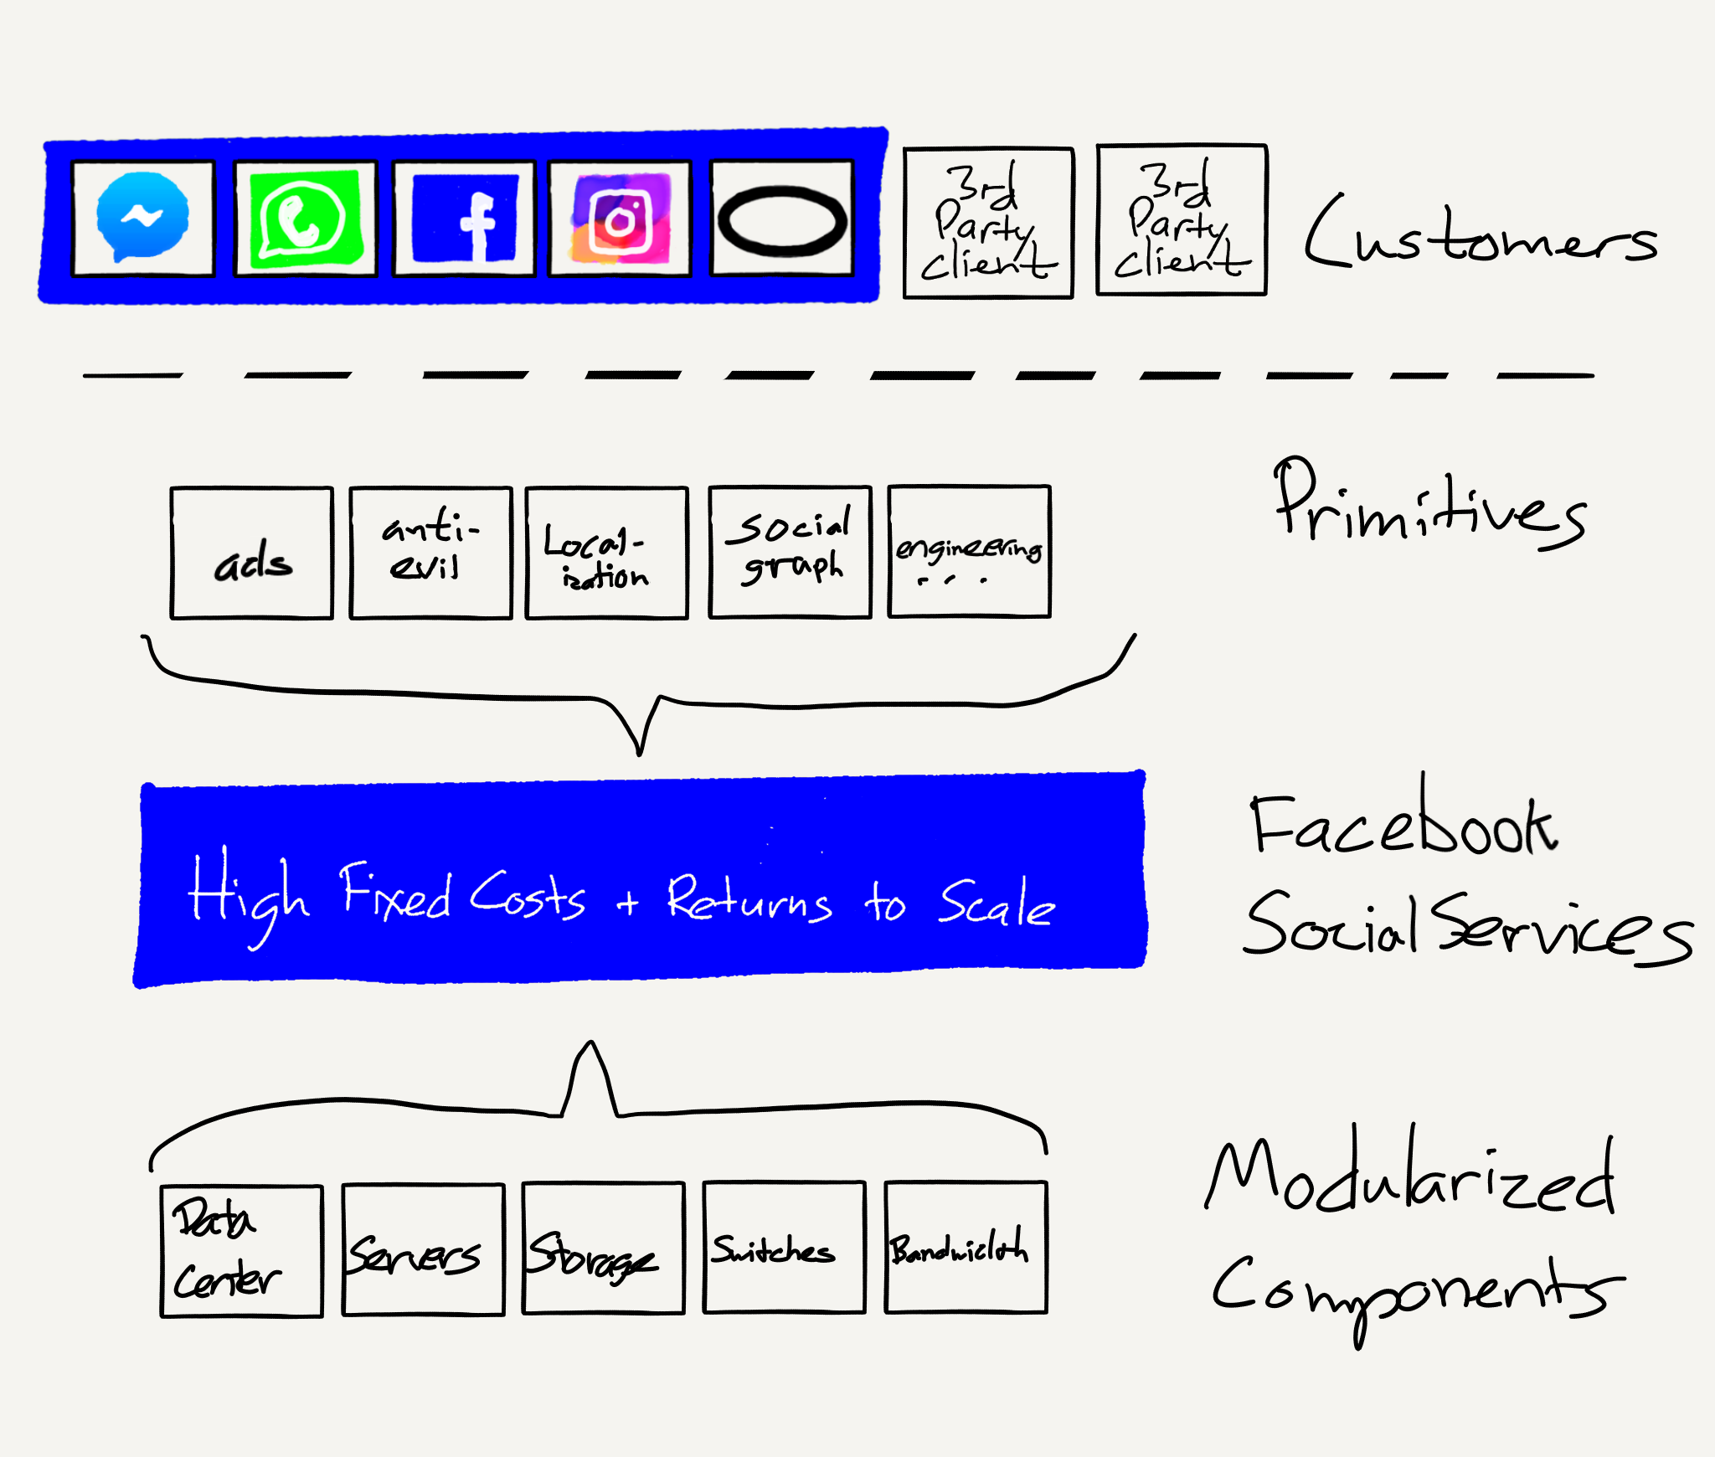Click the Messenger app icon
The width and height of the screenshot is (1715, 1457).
[x=142, y=218]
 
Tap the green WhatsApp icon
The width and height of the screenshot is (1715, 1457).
[x=305, y=218]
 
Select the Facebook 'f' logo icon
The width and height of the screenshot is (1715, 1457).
[x=465, y=219]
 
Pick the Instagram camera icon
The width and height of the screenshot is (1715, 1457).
[x=620, y=219]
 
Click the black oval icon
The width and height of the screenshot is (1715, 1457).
[x=782, y=219]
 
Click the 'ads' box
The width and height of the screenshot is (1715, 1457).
[x=252, y=553]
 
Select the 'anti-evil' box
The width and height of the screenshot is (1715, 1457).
[x=430, y=553]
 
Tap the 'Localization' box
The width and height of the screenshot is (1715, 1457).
[x=606, y=553]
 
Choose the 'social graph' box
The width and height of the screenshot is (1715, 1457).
[x=790, y=552]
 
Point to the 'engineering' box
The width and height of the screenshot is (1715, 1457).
[x=969, y=552]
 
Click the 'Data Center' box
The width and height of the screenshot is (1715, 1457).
[x=241, y=1251]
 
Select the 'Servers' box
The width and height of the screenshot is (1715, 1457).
[x=423, y=1249]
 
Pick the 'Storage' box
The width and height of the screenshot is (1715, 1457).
[x=603, y=1248]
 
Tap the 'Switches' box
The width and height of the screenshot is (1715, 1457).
[x=784, y=1248]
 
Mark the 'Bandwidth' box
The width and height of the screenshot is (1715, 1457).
[x=966, y=1247]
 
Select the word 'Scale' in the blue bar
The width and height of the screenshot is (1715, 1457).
[x=996, y=905]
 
